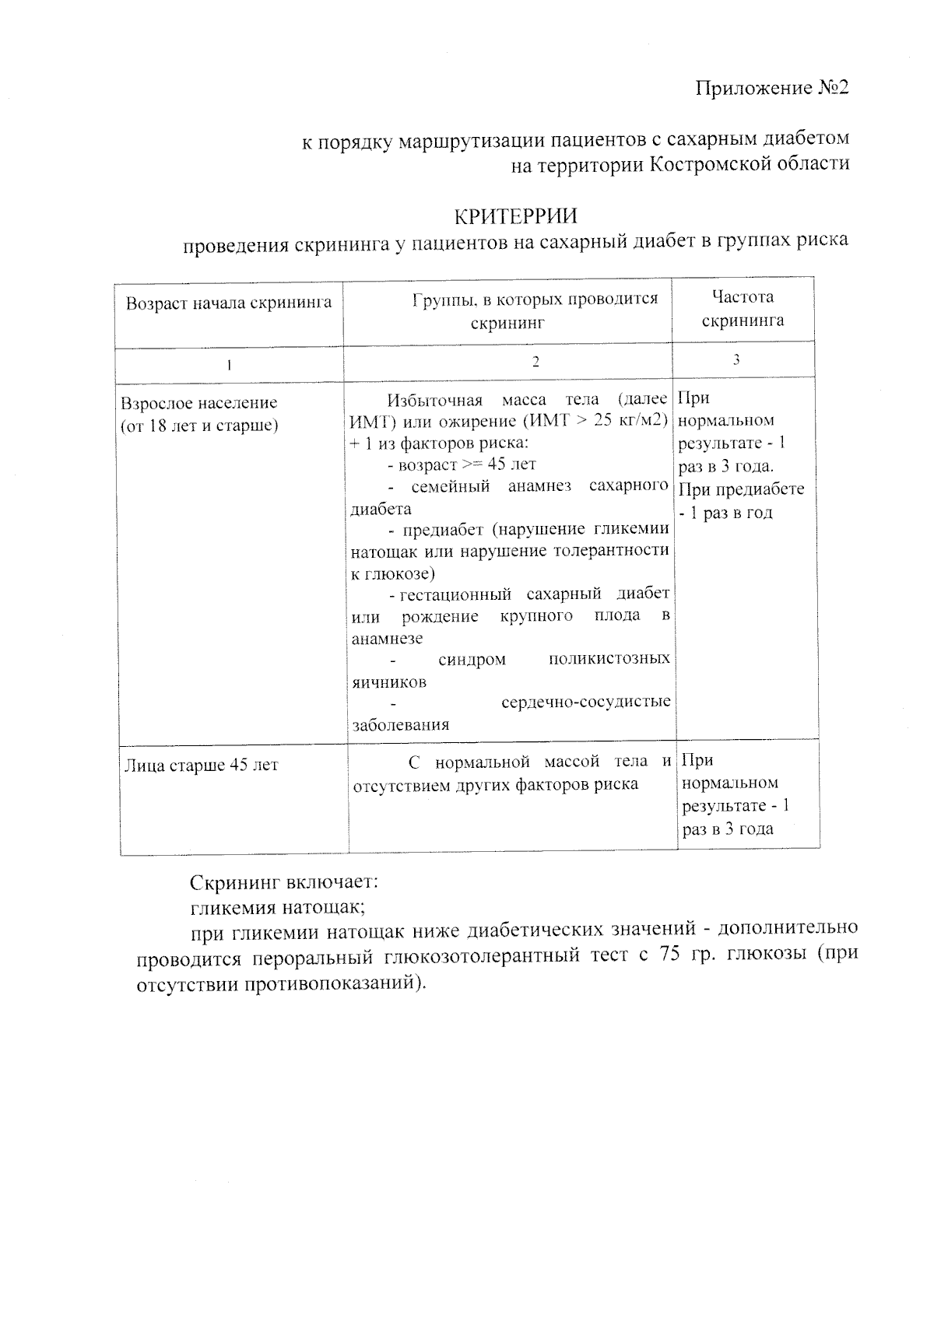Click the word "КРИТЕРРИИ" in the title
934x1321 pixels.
tap(515, 214)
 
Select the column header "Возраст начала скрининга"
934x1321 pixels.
tap(229, 303)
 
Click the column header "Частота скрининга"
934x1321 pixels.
tap(743, 308)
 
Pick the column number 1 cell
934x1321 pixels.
tap(229, 364)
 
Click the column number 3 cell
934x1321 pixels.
tap(736, 359)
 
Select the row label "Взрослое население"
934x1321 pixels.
tap(199, 403)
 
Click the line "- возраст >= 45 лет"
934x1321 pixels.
tap(462, 464)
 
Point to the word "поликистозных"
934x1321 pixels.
tap(609, 659)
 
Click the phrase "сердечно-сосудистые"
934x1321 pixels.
tap(585, 702)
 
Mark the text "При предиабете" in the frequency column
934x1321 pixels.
tap(741, 489)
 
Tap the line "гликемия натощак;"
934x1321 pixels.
tap(278, 906)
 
